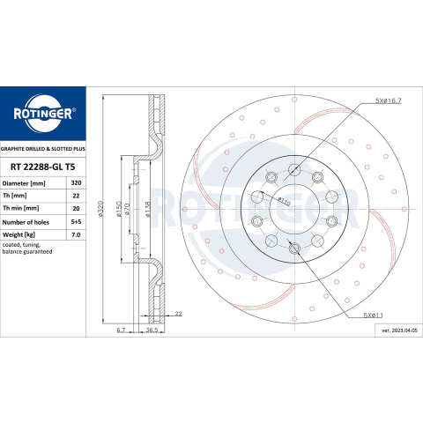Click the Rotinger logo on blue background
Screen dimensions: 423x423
tap(43, 114)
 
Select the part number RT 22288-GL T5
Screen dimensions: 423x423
tap(43, 167)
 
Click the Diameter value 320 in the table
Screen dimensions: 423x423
tap(76, 182)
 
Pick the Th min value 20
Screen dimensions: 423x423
tap(76, 208)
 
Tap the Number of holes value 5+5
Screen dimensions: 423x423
tap(76, 222)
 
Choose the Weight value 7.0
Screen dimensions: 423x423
tap(76, 234)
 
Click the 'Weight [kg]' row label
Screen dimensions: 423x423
tap(19, 234)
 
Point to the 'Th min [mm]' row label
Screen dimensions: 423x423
tap(20, 208)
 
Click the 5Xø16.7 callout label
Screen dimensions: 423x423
tap(388, 100)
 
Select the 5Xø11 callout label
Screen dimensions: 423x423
tap(373, 315)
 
